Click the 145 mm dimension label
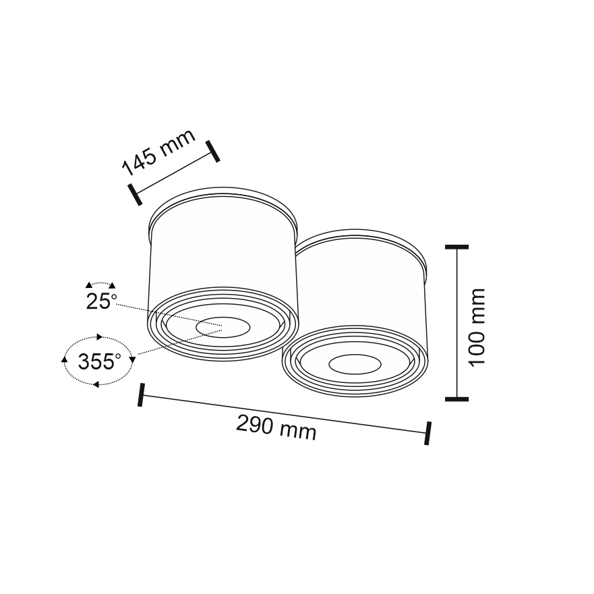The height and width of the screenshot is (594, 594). click(158, 152)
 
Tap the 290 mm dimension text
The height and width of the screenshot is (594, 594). click(276, 427)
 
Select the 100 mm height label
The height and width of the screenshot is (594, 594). click(477, 327)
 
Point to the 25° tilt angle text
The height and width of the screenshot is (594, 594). click(101, 301)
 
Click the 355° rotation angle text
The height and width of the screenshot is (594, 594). click(99, 361)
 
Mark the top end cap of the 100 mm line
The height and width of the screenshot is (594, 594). click(457, 247)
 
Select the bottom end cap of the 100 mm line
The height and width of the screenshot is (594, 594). click(457, 399)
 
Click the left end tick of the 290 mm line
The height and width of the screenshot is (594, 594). click(141, 394)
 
